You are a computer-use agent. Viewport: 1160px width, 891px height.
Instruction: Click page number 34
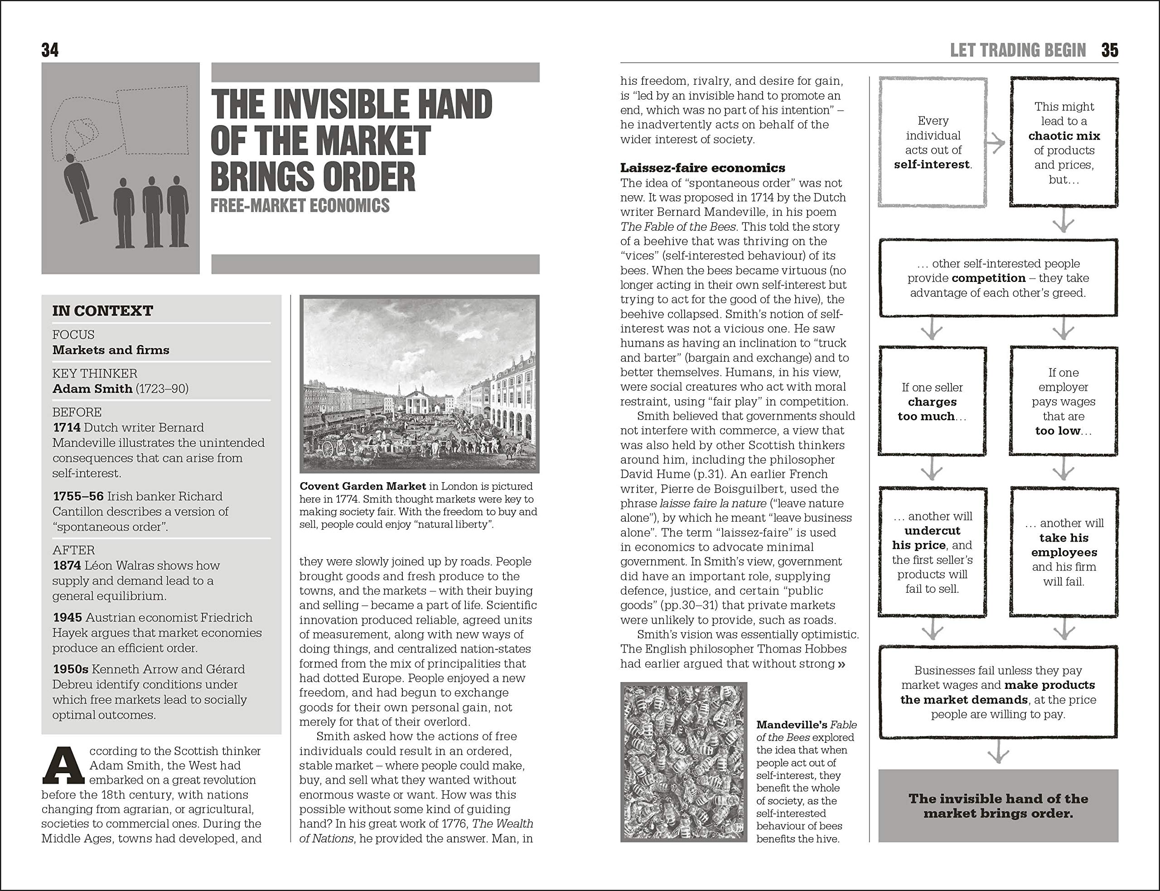click(50, 50)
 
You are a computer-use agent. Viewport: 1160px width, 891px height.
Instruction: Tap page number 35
click(1110, 50)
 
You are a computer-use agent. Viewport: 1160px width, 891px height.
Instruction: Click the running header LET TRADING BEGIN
click(1018, 50)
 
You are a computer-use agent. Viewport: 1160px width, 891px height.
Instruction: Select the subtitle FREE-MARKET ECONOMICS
click(300, 206)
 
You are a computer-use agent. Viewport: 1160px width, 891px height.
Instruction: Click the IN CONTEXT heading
click(103, 311)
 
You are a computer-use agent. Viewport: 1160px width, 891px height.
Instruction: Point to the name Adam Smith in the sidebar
click(92, 389)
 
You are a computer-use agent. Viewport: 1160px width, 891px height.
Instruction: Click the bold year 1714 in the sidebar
click(67, 427)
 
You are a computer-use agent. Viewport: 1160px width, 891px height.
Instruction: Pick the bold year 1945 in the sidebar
click(68, 617)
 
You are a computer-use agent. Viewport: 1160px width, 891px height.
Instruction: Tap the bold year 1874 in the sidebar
click(67, 565)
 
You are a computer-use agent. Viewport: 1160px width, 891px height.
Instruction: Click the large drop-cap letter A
click(63, 766)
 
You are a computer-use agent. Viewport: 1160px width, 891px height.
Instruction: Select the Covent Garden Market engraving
click(419, 384)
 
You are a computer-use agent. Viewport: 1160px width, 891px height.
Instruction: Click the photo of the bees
click(683, 762)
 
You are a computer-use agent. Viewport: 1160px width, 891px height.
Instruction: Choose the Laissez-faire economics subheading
click(702, 168)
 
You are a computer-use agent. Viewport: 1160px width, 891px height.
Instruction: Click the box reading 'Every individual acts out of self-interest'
click(933, 142)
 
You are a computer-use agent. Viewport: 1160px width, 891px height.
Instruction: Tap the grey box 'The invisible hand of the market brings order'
click(998, 806)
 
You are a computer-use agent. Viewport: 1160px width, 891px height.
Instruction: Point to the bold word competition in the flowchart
click(988, 278)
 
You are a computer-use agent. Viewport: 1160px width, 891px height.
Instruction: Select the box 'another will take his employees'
click(1063, 552)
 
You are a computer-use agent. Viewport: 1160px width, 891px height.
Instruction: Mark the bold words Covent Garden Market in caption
click(362, 486)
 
